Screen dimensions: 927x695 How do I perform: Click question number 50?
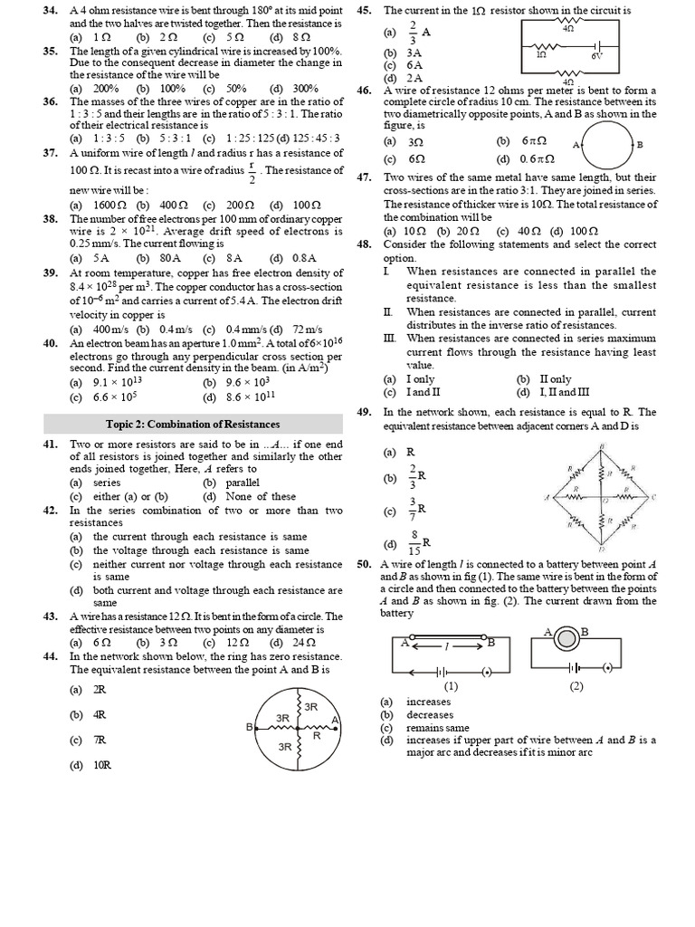pyautogui.click(x=366, y=564)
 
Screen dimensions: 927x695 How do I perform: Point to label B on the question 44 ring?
pyautogui.click(x=249, y=726)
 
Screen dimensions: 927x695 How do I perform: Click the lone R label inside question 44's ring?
pyautogui.click(x=316, y=736)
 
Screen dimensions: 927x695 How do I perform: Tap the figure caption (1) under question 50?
pyautogui.click(x=451, y=685)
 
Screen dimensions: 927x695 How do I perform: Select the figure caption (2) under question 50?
pyautogui.click(x=576, y=685)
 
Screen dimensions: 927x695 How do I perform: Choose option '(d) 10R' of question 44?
pyautogui.click(x=90, y=766)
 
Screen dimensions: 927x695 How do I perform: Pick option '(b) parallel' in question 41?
pyautogui.click(x=231, y=483)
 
